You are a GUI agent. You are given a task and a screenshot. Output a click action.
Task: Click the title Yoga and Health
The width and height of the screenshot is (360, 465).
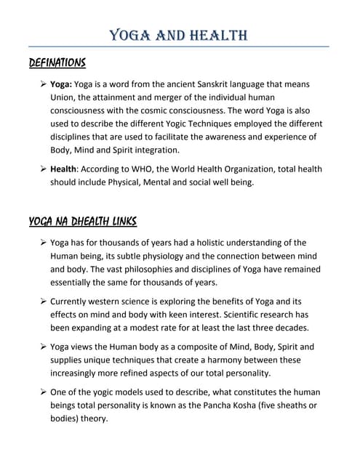pos(178,35)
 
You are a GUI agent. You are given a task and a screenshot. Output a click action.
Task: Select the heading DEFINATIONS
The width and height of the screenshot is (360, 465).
pos(57,62)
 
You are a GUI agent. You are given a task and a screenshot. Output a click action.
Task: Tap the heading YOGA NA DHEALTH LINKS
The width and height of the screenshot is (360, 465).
pos(83,221)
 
